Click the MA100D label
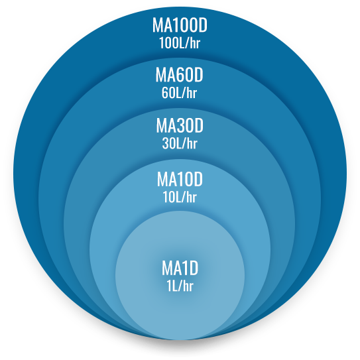180,25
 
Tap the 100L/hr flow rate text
180,42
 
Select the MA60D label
179,75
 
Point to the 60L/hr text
179,93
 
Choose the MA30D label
180,125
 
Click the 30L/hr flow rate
180,143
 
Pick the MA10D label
180,179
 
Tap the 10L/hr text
180,197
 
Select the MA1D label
180,268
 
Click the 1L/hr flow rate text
180,286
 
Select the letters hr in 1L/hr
188,286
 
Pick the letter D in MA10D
198,179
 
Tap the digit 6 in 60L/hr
165,93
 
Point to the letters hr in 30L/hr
192,143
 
